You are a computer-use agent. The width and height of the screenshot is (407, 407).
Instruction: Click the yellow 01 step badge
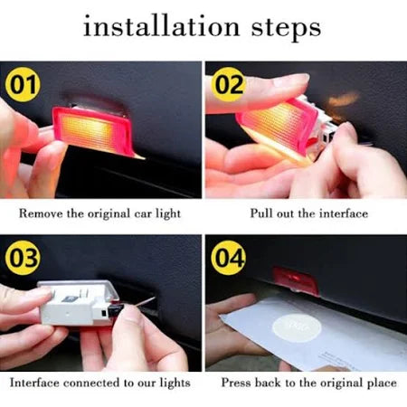[23, 84]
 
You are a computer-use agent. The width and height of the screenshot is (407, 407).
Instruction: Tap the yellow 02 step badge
[229, 84]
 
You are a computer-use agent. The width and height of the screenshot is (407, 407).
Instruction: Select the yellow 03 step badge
[23, 258]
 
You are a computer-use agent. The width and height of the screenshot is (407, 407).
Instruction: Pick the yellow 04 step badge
[229, 258]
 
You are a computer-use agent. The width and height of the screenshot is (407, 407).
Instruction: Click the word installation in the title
[162, 26]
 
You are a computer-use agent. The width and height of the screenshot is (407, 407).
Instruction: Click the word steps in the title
[286, 28]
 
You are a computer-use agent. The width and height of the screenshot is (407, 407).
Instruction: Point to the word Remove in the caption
[41, 213]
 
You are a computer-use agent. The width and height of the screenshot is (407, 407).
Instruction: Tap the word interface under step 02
[344, 213]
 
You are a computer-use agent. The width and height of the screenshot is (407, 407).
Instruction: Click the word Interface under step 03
[34, 383]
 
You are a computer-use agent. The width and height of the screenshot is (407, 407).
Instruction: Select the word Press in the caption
[236, 383]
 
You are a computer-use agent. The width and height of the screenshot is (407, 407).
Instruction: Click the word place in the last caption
[382, 383]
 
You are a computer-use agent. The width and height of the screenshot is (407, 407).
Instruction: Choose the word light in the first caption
[168, 214]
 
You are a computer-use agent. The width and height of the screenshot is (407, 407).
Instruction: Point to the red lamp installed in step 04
[296, 279]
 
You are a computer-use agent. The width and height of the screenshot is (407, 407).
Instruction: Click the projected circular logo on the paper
[297, 327]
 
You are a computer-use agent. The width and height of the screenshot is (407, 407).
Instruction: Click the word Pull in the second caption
[261, 213]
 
